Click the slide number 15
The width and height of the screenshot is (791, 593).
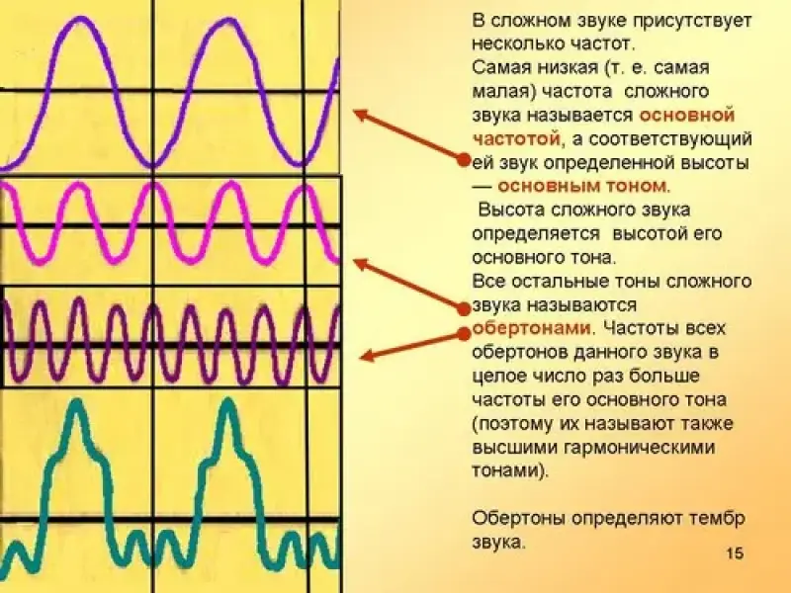735,553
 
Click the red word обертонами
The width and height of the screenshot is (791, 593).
531,328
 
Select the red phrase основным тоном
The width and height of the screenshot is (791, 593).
582,186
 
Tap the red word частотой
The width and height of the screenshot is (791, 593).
516,139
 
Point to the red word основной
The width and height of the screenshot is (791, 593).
686,116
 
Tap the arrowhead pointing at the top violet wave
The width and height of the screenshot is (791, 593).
359,114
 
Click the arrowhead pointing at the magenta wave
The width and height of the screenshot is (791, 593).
360,263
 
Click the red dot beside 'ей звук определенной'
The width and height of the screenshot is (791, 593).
464,160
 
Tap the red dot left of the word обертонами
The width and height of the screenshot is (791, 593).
464,333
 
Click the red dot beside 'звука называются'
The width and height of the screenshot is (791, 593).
464,307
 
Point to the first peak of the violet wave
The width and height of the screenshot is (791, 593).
79,19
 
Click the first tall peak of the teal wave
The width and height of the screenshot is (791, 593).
76,402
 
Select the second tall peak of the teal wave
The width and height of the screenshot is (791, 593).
228,402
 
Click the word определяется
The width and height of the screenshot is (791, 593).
537,234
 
